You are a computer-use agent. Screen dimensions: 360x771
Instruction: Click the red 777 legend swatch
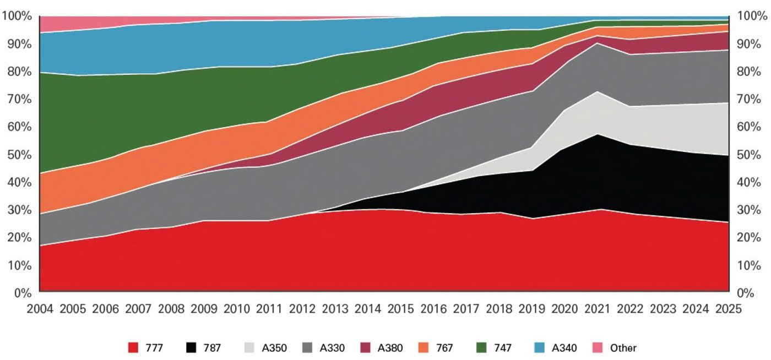click(x=133, y=348)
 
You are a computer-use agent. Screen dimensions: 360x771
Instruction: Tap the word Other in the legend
click(x=623, y=348)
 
